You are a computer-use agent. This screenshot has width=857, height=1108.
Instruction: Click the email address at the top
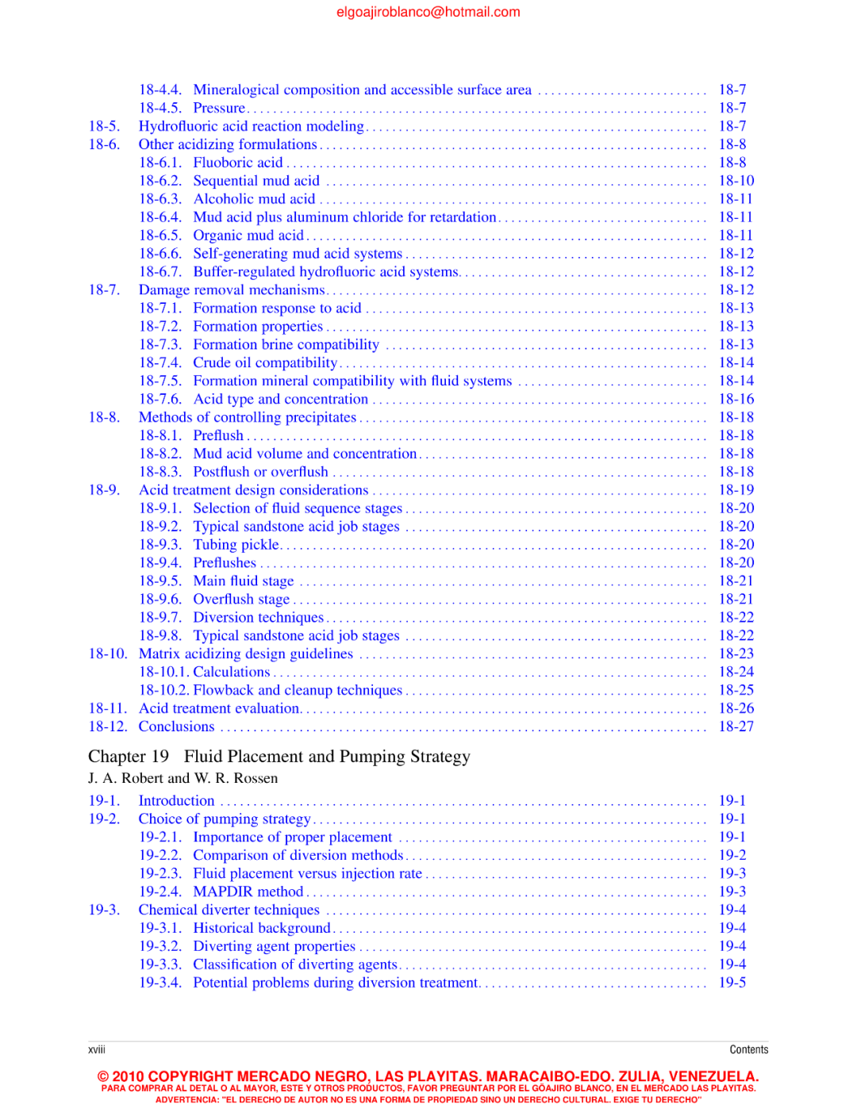428,12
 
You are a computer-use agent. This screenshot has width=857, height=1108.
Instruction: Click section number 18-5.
104,126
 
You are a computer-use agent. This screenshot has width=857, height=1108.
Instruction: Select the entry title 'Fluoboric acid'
237,163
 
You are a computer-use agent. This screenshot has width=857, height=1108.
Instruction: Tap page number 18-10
736,181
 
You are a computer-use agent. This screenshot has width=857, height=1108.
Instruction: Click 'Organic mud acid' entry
248,236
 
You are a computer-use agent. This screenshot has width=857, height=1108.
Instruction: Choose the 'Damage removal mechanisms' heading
231,290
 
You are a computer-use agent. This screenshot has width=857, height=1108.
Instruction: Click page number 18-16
736,399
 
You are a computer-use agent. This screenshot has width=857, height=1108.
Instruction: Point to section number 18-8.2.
159,454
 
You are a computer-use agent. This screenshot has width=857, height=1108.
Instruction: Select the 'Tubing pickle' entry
236,545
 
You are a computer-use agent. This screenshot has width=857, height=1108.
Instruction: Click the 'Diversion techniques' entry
258,618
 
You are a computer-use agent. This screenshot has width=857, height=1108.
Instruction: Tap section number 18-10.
107,654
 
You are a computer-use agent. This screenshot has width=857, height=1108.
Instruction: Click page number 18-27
736,727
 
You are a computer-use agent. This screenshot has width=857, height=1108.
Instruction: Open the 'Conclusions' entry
176,727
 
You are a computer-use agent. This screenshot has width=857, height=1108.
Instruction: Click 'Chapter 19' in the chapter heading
129,757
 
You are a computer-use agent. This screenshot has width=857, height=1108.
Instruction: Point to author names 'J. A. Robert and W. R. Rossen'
183,778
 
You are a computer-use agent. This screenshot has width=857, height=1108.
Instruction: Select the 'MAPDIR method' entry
248,891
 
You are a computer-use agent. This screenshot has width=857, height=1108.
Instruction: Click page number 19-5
732,983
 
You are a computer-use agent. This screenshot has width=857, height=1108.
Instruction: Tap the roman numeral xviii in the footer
97,1049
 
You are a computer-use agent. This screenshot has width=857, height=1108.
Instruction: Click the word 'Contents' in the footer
748,1049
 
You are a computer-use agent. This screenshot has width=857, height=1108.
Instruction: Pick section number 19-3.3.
159,964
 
